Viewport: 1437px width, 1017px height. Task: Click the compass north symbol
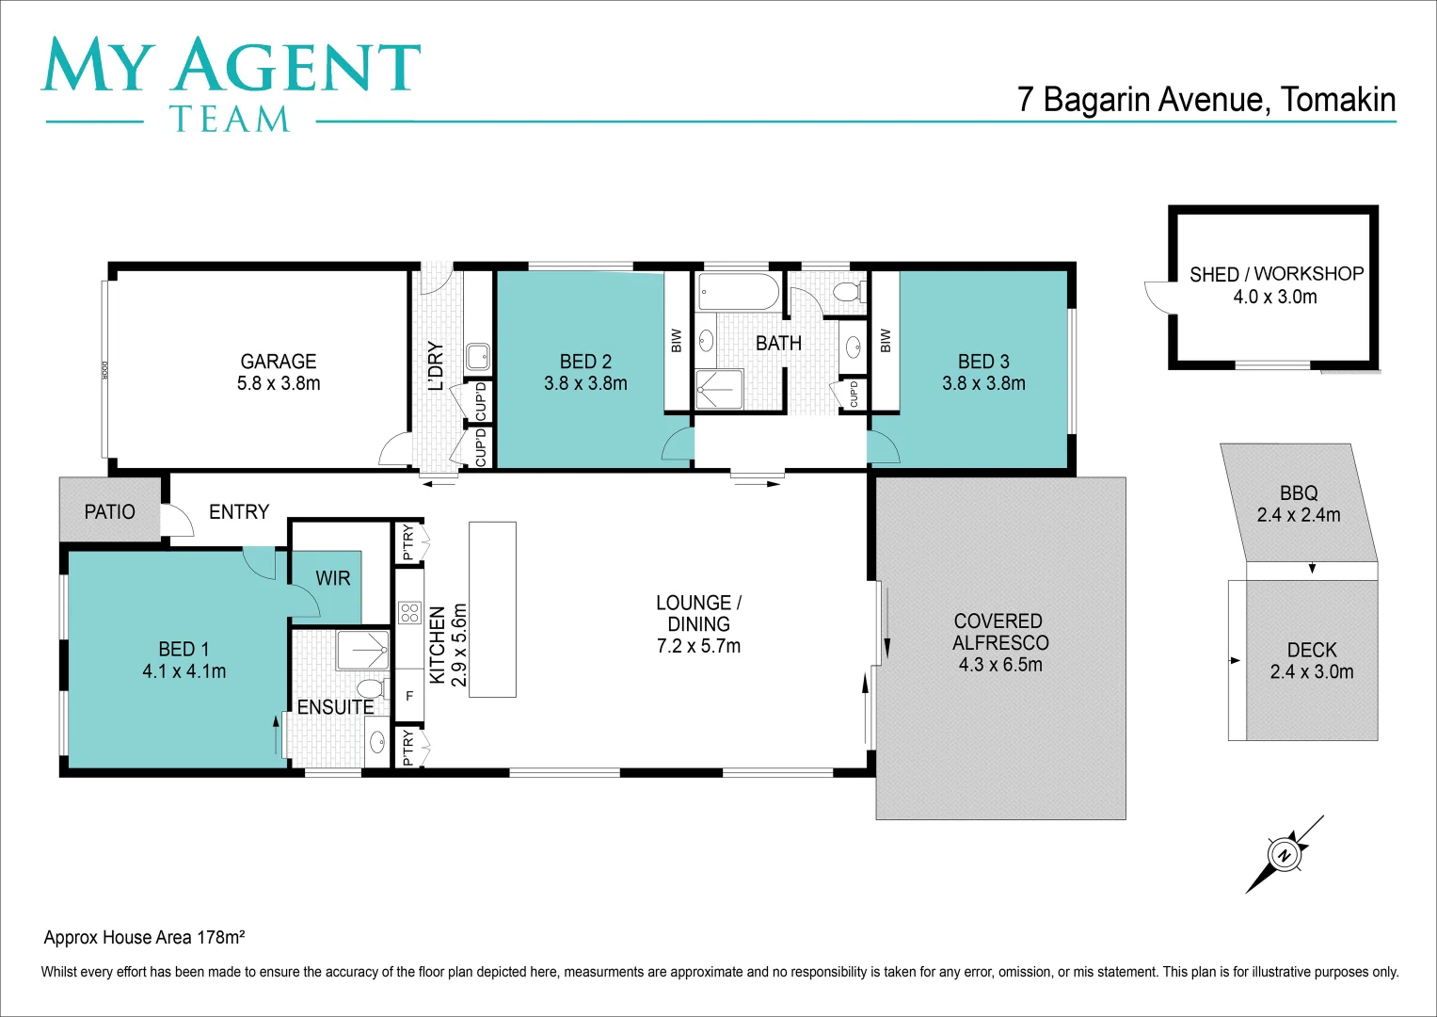[x=1284, y=855]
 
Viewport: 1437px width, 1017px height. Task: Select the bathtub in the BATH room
[x=739, y=292]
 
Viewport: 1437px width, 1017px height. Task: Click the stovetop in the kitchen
[x=409, y=613]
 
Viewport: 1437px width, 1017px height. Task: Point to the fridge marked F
[x=409, y=696]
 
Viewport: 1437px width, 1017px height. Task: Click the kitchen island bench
[x=492, y=609]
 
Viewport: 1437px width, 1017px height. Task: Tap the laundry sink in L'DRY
[x=477, y=356]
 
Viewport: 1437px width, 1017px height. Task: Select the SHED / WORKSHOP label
[x=1276, y=274]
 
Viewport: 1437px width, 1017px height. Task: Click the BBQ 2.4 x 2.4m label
[x=1299, y=504]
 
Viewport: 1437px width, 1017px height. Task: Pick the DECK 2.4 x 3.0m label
[x=1312, y=661]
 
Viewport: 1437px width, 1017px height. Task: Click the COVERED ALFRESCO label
[x=999, y=642]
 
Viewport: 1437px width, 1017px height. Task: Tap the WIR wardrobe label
[x=333, y=578]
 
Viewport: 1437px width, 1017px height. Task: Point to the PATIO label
[x=110, y=511]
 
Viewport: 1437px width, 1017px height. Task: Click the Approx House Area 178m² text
[x=145, y=937]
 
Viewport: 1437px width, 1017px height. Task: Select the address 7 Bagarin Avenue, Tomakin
[x=1205, y=100]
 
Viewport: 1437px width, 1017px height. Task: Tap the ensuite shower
[x=362, y=650]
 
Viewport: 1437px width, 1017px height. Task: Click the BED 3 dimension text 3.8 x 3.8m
[x=983, y=383]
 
